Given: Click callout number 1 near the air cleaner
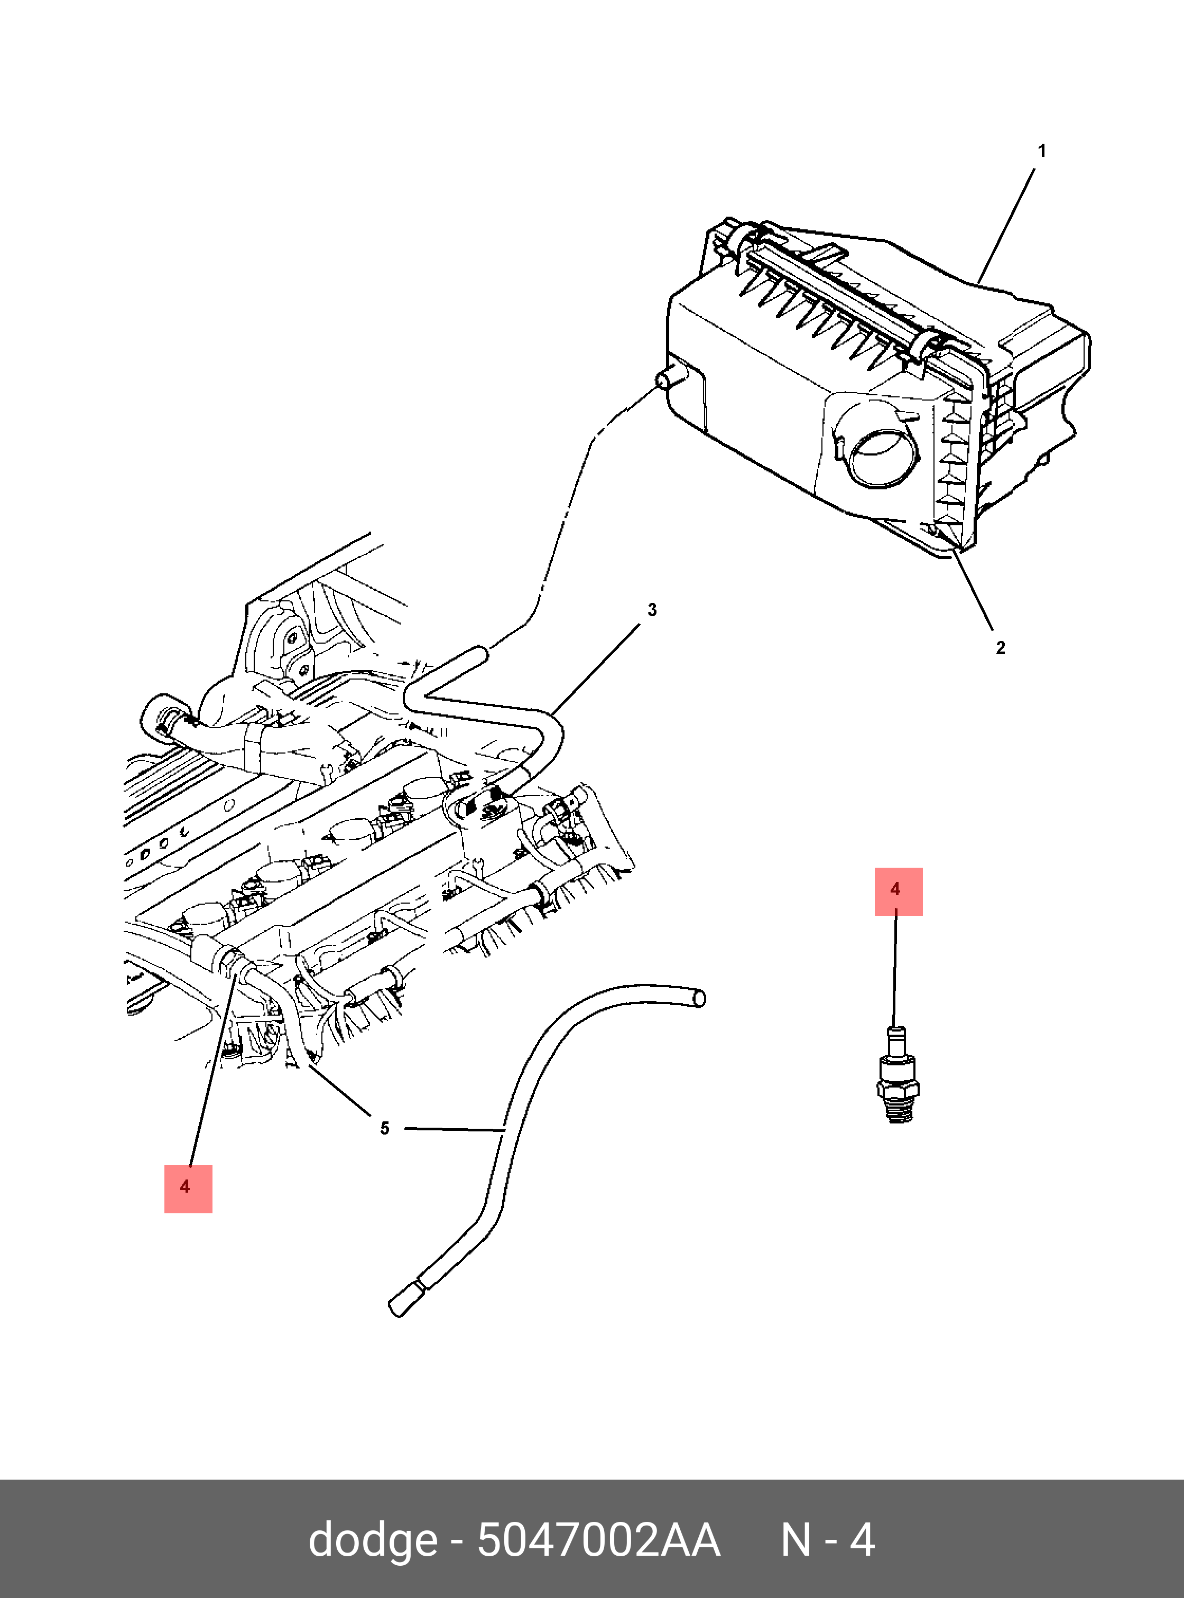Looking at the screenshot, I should pyautogui.click(x=1041, y=151).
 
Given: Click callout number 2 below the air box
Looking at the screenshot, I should pyautogui.click(x=1000, y=648).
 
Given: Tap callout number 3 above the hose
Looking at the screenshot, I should pyautogui.click(x=652, y=610).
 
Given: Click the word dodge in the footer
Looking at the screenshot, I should pyautogui.click(x=373, y=1540).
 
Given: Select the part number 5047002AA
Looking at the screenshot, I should pyautogui.click(x=598, y=1540).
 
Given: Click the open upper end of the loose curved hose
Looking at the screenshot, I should pyautogui.click(x=699, y=998).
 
